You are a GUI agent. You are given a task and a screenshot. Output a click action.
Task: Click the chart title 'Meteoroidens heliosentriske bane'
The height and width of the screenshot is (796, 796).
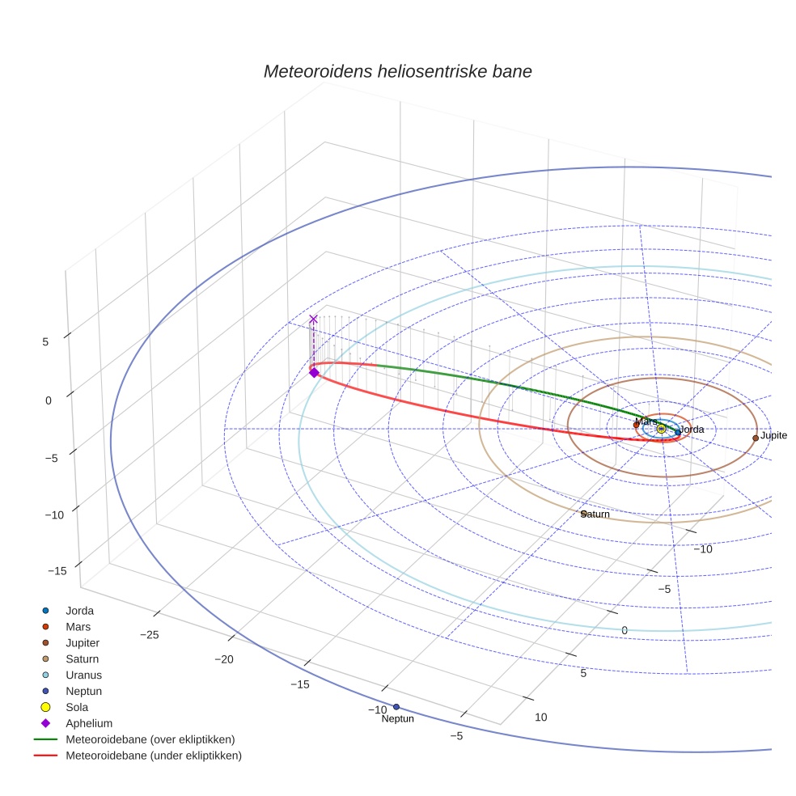397,71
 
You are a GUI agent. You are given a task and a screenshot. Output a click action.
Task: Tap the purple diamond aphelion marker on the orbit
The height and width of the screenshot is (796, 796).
314,372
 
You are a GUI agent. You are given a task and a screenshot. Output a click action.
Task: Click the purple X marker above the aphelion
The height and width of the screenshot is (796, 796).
314,320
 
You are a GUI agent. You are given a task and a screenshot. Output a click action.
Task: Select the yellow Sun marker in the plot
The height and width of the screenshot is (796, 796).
661,428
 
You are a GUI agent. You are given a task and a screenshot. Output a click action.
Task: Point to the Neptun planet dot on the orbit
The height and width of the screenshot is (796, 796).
396,707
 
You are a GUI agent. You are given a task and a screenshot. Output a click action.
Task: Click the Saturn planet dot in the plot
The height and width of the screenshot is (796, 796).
583,513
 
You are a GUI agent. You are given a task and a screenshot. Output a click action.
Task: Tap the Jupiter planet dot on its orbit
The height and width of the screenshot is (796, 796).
756,438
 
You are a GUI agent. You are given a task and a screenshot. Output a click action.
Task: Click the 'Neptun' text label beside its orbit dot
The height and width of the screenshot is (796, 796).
398,719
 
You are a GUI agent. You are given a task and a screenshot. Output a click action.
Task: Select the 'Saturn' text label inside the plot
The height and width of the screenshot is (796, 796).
596,514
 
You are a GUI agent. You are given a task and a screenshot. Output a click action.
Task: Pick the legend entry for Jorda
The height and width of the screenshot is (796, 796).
79,611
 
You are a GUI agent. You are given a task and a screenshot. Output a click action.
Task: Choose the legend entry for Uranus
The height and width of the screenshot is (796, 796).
83,675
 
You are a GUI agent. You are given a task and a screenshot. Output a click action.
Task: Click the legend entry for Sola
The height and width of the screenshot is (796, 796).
77,707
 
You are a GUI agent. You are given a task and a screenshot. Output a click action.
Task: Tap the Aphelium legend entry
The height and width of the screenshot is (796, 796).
89,723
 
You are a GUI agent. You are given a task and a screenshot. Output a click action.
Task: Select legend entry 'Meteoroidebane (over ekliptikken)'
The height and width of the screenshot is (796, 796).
150,739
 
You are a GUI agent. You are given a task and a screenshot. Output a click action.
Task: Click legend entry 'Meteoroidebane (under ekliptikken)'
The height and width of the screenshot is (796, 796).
154,756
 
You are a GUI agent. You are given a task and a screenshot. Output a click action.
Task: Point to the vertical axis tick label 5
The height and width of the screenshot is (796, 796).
45,342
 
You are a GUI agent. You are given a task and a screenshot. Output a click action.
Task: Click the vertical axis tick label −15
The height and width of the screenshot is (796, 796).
57,572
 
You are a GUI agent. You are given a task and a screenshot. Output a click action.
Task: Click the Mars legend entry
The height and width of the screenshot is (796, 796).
78,627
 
